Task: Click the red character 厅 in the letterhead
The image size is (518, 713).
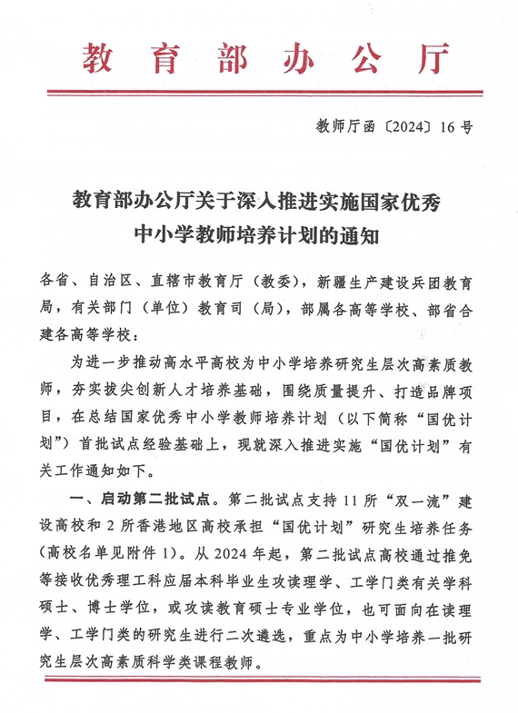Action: click(429, 56)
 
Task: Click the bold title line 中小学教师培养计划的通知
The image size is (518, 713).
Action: click(258, 236)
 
